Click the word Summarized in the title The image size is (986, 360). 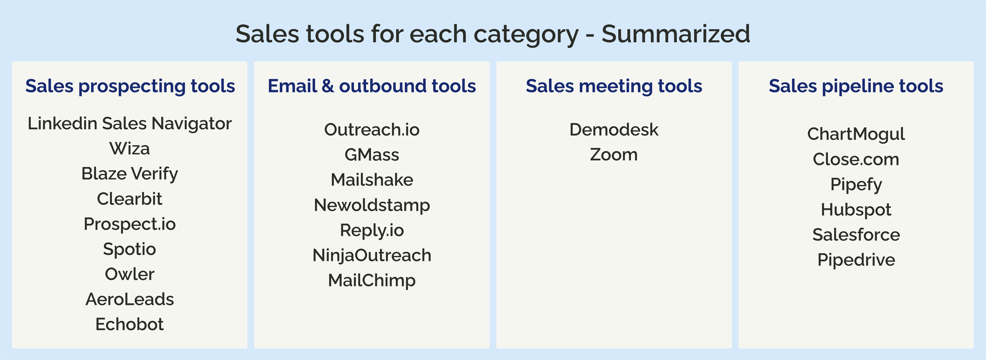click(x=676, y=34)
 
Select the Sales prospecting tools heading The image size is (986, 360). click(x=130, y=86)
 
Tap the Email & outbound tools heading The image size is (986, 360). click(x=372, y=86)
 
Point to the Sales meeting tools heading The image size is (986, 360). click(x=614, y=86)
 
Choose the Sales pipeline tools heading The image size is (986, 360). click(x=856, y=86)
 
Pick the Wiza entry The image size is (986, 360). click(x=130, y=148)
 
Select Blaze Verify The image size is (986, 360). click(x=130, y=174)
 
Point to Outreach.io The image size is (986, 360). click(x=372, y=130)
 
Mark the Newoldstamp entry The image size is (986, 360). click(x=372, y=205)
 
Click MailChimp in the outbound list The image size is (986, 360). click(x=372, y=280)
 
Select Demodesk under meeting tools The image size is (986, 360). click(x=614, y=130)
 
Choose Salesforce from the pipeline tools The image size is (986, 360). click(x=856, y=234)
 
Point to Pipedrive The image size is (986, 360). click(x=856, y=260)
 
